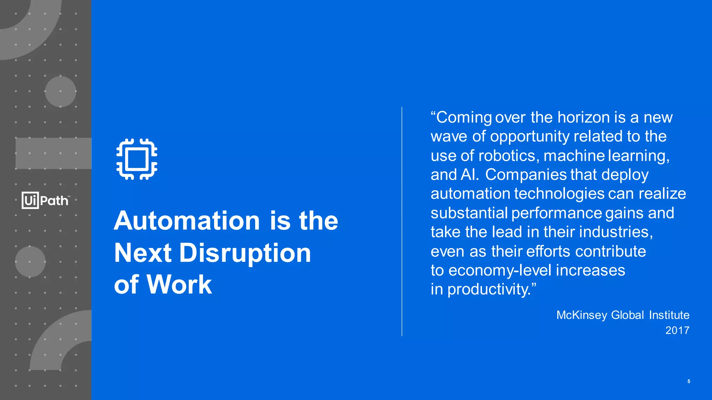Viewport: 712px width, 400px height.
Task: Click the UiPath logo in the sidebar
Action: [46, 200]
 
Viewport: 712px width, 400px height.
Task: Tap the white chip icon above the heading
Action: [137, 159]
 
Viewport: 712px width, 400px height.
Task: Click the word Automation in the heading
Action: [187, 221]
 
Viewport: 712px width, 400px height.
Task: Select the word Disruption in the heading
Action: [245, 253]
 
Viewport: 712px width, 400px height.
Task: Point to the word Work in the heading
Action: [179, 285]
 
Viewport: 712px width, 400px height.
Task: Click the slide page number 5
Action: [689, 381]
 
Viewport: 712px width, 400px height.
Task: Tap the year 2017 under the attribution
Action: [677, 330]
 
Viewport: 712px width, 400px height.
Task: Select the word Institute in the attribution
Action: [669, 315]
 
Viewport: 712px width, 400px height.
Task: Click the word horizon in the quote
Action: [584, 117]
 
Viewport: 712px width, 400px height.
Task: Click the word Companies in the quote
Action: [526, 175]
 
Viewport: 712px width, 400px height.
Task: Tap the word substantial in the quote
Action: [469, 213]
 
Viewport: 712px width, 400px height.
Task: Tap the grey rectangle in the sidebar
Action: [54, 153]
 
